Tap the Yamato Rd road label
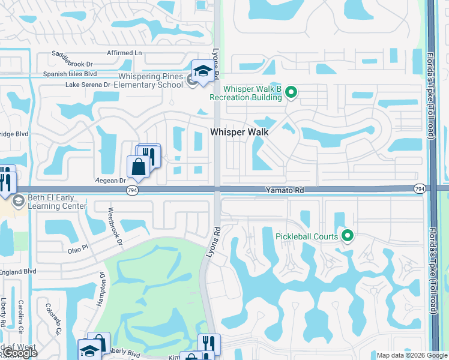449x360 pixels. click(x=286, y=190)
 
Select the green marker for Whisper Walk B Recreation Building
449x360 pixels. click(x=291, y=92)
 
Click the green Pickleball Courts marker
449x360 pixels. click(x=346, y=236)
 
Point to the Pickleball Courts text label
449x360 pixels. click(x=306, y=236)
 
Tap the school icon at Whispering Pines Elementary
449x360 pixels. click(x=203, y=71)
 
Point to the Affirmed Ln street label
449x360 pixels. click(x=124, y=53)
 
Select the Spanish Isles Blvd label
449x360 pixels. click(x=70, y=74)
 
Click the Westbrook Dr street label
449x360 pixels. click(x=115, y=227)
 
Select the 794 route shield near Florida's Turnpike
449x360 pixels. click(x=420, y=189)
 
